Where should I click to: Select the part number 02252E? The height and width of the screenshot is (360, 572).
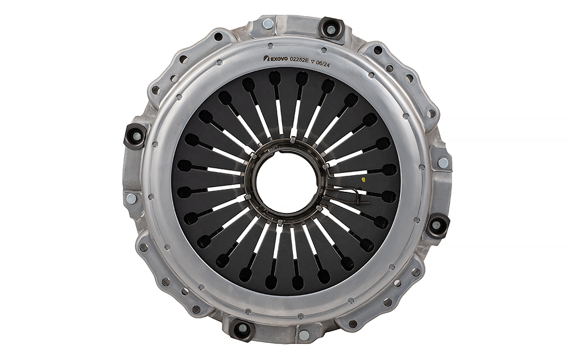click(299, 60)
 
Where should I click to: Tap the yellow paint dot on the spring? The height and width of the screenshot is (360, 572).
click(363, 179)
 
